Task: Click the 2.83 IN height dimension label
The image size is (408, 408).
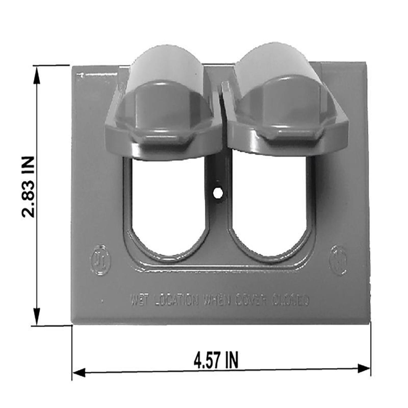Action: [x=28, y=187]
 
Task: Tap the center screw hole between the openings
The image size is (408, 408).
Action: [x=218, y=193]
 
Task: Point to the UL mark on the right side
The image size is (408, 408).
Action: [x=338, y=259]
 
